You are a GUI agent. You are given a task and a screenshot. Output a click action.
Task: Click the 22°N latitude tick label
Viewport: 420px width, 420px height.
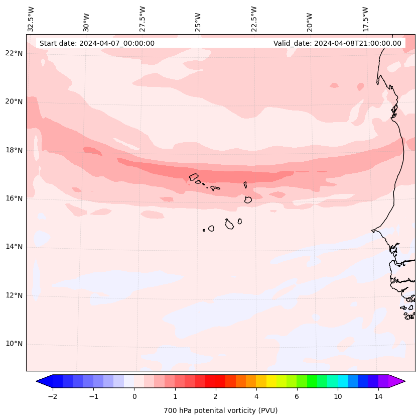pos(14,53)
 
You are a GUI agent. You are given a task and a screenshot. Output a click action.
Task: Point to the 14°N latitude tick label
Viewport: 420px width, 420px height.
pos(14,247)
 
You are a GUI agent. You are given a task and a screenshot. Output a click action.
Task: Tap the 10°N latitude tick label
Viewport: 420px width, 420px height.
pos(14,344)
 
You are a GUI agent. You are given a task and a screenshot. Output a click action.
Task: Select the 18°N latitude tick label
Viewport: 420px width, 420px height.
pos(14,150)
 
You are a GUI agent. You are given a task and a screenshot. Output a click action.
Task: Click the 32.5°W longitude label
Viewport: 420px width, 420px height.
pos(31,19)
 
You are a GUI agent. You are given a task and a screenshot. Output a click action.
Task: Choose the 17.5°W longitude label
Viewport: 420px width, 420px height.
pos(365,19)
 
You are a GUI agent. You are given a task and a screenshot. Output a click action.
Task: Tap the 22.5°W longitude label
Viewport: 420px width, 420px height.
pos(254,19)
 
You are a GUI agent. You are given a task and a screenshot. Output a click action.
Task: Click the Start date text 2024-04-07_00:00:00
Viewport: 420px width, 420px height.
pos(97,43)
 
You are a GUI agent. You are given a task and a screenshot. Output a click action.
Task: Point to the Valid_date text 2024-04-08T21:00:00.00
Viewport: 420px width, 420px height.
pos(337,43)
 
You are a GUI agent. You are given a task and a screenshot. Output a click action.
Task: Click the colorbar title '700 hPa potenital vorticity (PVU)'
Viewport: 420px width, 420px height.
pos(220,410)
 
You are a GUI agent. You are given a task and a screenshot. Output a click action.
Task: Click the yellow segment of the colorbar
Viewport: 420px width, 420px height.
pos(271,381)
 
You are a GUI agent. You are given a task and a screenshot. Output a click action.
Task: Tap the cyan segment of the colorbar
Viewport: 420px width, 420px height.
pos(342,381)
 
